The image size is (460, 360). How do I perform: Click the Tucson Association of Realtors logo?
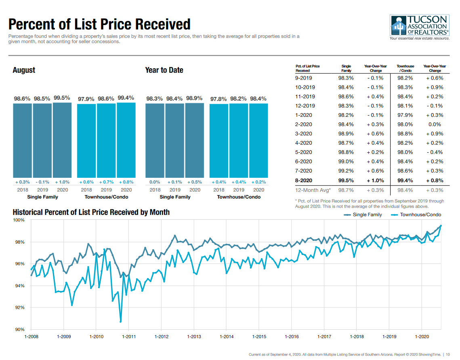(420, 27)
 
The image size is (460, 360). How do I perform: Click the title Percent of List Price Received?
(99, 24)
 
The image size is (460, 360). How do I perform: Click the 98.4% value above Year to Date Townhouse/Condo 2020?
(258, 99)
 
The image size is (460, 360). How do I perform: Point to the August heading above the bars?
(24, 70)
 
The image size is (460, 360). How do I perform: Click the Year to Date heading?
(164, 70)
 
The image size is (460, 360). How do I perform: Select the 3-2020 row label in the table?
(303, 134)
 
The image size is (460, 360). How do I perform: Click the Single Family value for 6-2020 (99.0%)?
(346, 162)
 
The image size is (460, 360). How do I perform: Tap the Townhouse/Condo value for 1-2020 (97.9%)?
(405, 115)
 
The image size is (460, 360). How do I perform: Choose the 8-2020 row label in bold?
(303, 181)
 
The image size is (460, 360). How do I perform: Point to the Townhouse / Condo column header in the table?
(405, 68)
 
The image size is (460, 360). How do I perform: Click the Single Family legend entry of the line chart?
(363, 215)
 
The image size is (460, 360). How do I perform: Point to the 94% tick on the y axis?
(20, 286)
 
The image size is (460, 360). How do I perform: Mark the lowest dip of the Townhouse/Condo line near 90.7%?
(120, 322)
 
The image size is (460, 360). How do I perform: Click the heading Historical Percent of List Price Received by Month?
(91, 212)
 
